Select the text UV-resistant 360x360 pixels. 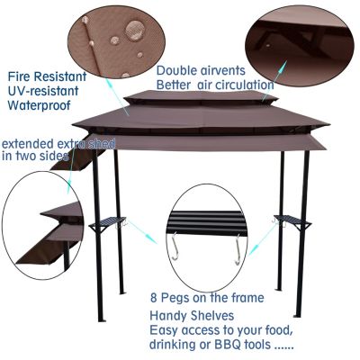[42, 91]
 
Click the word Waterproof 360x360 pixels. [40, 106]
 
